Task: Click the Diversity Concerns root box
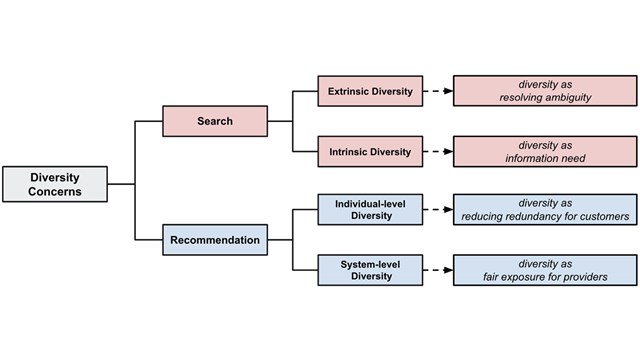click(55, 184)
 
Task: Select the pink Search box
click(214, 121)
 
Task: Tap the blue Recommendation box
click(214, 240)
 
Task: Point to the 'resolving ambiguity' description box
click(544, 91)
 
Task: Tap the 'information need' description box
click(544, 152)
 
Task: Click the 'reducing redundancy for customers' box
click(544, 210)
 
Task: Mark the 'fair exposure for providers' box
click(544, 269)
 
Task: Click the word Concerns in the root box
click(55, 192)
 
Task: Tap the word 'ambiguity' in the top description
click(566, 99)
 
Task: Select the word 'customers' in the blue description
click(598, 218)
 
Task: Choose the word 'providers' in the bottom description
click(582, 277)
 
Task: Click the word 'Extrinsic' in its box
click(350, 91)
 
